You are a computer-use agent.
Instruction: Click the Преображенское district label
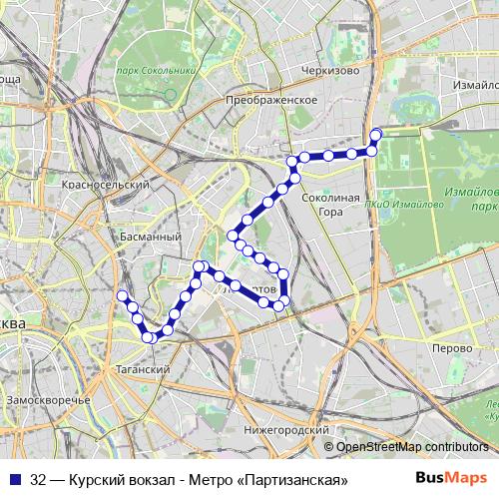pyautogui.click(x=271, y=100)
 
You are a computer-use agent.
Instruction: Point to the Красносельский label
pyautogui.click(x=105, y=186)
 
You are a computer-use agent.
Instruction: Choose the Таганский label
pyautogui.click(x=147, y=369)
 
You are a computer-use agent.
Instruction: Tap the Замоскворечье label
pyautogui.click(x=48, y=399)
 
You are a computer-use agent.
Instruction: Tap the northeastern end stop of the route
pyautogui.click(x=376, y=134)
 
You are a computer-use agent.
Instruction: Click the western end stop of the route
pyautogui.click(x=123, y=296)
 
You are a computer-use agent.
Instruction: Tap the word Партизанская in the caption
pyautogui.click(x=295, y=480)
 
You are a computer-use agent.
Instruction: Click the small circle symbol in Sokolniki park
pyautogui.click(x=171, y=95)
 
